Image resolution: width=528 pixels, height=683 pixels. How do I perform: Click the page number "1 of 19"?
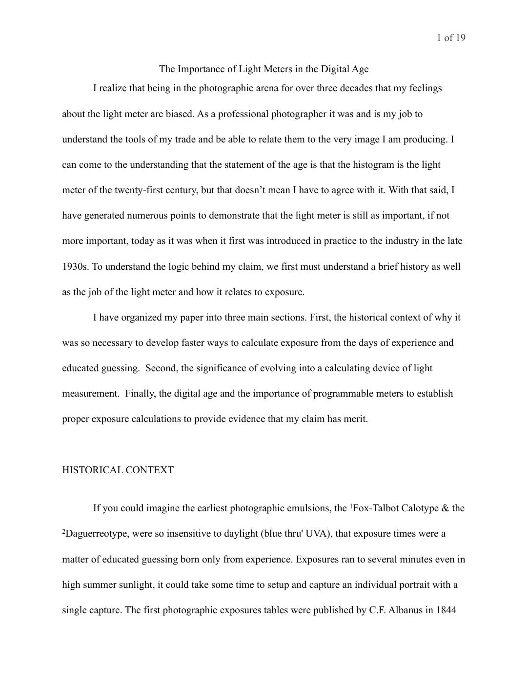(x=451, y=38)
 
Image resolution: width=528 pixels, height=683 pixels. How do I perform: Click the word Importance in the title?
(x=206, y=69)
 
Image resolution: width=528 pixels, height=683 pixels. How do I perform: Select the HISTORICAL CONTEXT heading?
(x=118, y=470)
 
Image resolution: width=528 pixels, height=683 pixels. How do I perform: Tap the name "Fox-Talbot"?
(x=375, y=508)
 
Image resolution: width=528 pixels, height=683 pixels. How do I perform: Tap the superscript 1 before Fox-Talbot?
(x=351, y=506)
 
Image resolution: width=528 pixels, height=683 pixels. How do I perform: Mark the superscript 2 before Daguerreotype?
(x=64, y=531)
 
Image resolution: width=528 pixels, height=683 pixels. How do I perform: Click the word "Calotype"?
(x=419, y=508)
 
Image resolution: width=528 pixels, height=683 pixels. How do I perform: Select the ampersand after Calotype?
(x=445, y=508)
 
